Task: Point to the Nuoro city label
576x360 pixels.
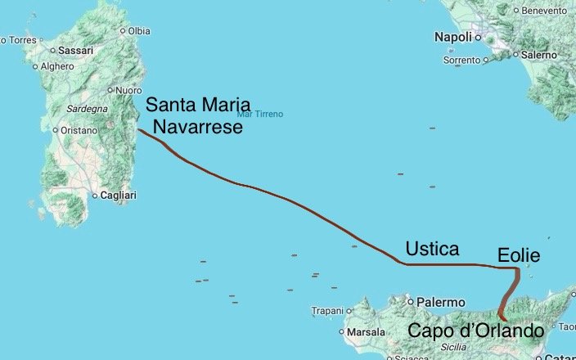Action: point(128,90)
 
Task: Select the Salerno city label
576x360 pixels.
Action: point(538,54)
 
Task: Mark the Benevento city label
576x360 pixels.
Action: point(543,11)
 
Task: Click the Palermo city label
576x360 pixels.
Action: point(441,301)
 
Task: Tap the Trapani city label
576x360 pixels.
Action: point(331,311)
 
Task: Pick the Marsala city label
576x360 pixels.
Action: point(366,333)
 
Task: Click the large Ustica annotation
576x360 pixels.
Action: point(432,249)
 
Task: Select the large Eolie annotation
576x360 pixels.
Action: point(519,255)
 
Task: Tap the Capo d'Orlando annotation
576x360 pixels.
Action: point(475,331)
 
